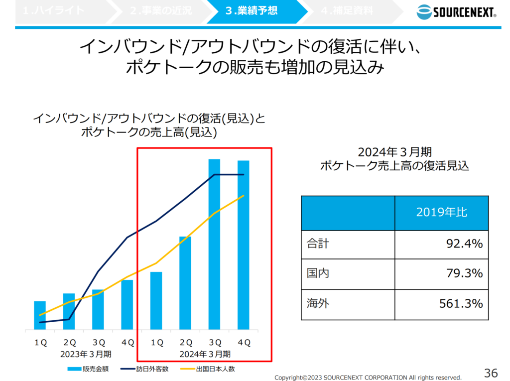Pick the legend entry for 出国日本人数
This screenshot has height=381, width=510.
pyautogui.click(x=215, y=369)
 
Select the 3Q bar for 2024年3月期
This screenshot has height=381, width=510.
pyautogui.click(x=214, y=244)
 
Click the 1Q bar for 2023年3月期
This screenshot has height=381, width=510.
pyautogui.click(x=40, y=315)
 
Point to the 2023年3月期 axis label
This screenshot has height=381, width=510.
pyautogui.click(x=86, y=354)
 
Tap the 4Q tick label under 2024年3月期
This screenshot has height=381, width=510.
pyautogui.click(x=244, y=343)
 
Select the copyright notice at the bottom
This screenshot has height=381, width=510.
pyautogui.click(x=368, y=378)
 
